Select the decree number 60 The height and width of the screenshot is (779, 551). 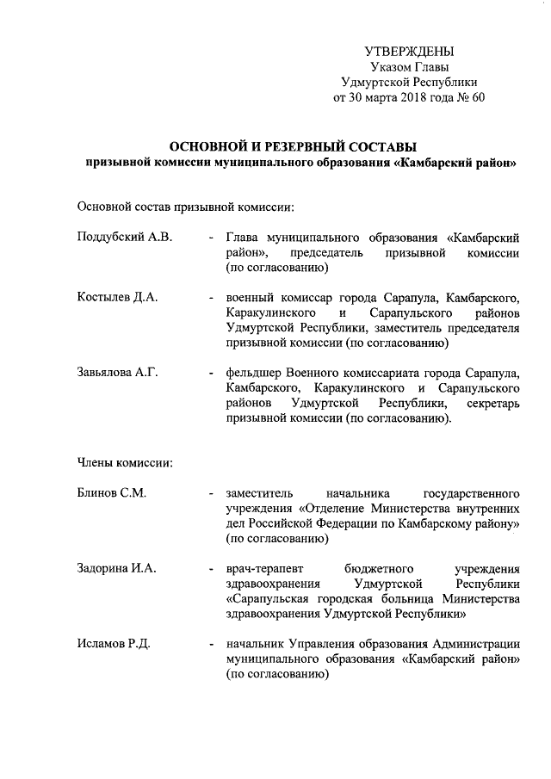tap(478, 96)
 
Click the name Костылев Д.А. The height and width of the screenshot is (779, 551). tap(115, 298)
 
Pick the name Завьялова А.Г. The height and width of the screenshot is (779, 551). tap(118, 374)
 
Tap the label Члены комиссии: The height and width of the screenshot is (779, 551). tap(125, 464)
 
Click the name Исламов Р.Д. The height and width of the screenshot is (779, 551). tap(114, 645)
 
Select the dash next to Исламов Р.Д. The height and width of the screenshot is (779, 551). tap(210, 645)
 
